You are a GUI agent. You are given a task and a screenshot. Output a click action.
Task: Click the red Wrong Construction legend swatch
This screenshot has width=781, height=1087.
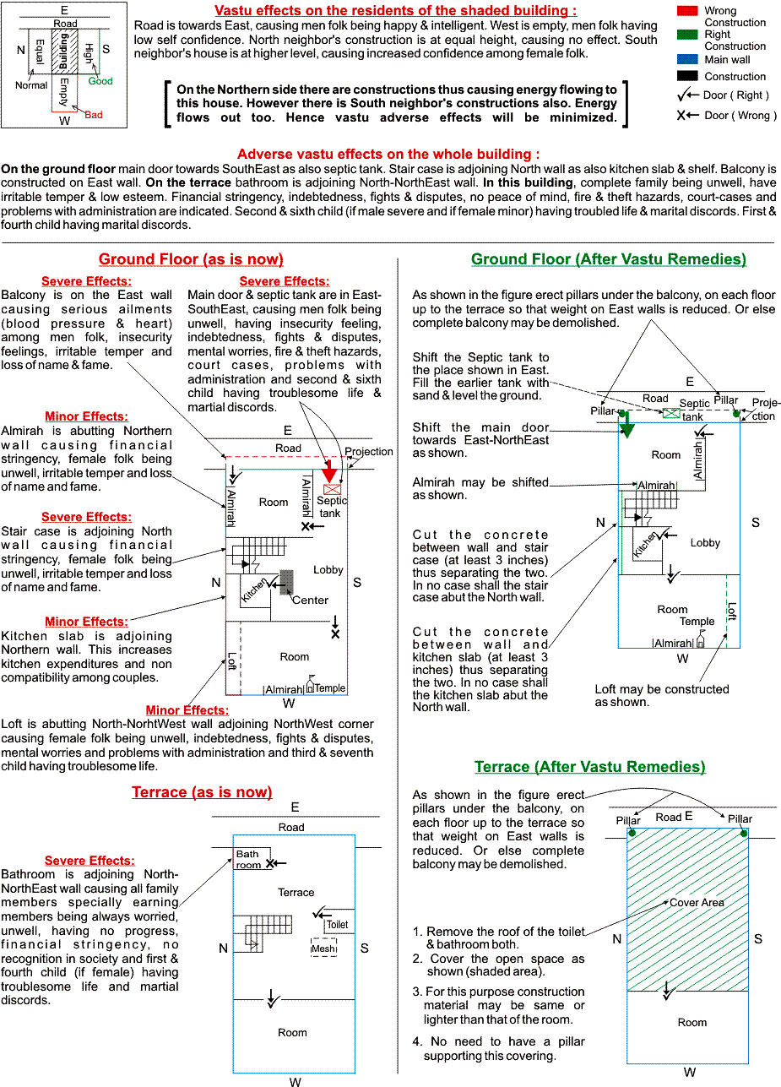[x=687, y=11]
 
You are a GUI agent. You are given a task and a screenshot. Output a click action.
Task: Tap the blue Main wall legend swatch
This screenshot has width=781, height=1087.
[x=687, y=59]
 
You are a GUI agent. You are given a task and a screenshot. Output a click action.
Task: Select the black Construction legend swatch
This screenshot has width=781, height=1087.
[x=687, y=76]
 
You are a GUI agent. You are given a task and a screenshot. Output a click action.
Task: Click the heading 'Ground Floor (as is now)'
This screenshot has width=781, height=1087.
[x=191, y=259]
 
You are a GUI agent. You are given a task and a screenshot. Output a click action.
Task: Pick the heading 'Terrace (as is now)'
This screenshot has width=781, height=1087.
[x=202, y=792]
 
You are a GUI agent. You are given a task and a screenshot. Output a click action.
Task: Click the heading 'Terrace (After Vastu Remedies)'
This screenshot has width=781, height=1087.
[x=589, y=766]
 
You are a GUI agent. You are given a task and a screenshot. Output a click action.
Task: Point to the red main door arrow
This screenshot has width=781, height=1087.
[x=329, y=470]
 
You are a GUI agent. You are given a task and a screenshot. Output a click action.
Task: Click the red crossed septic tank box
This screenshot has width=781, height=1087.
[x=333, y=489]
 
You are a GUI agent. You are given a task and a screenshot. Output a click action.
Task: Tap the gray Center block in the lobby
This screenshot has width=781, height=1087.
[x=286, y=582]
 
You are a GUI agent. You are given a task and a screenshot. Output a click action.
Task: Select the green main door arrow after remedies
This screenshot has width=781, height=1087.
[x=626, y=425]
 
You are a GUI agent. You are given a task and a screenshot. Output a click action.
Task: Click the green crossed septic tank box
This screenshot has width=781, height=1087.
[x=671, y=413]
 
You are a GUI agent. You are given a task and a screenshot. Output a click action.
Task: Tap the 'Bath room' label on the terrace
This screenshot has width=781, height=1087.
[x=248, y=859]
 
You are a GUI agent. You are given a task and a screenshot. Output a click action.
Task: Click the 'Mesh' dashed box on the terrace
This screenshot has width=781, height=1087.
[x=323, y=947]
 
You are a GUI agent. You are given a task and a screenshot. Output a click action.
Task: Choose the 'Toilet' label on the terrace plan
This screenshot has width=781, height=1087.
[x=337, y=925]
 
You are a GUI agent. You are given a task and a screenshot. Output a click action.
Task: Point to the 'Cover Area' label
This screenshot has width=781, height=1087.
[x=697, y=903]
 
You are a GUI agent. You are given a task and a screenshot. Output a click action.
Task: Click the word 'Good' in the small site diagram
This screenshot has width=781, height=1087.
[x=100, y=81]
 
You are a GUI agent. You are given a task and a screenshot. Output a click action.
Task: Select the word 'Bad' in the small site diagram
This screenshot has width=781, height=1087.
[x=94, y=115]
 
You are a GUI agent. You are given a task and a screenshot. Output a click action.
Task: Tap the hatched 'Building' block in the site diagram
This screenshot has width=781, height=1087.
[x=64, y=51]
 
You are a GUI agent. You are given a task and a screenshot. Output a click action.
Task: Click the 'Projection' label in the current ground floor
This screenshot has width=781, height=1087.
[x=369, y=452]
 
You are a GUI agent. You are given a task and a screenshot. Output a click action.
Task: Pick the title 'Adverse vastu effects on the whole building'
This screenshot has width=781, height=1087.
[x=388, y=155]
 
